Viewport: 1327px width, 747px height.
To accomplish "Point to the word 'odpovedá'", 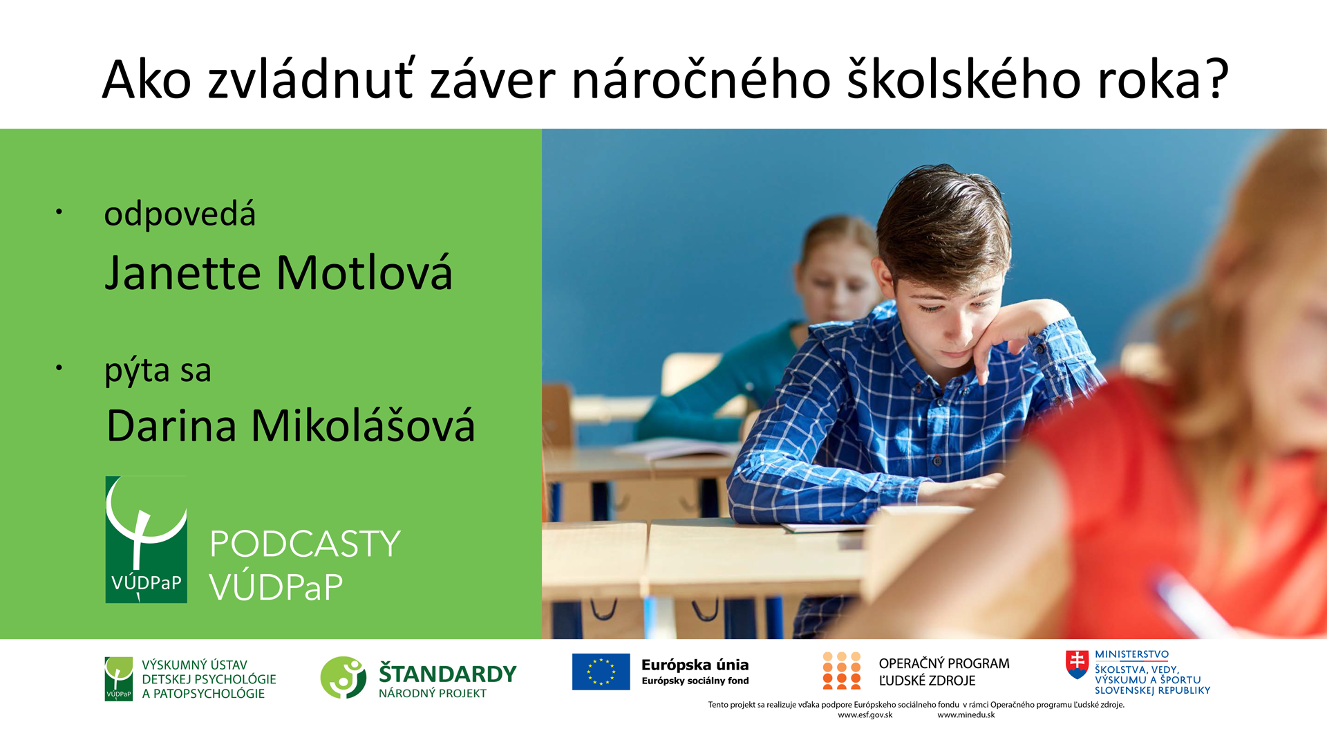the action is (180, 214).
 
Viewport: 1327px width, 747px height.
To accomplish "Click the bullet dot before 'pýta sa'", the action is (59, 367).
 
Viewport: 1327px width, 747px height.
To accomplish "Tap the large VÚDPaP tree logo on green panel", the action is (146, 539).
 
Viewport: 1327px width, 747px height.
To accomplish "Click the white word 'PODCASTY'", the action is (305, 544).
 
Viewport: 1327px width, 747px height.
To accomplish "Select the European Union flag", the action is (601, 672).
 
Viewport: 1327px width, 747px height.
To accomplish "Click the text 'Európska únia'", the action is (695, 665).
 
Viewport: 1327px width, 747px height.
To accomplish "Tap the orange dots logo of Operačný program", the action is (841, 670).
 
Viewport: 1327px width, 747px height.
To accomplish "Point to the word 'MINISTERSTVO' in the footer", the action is (1132, 654).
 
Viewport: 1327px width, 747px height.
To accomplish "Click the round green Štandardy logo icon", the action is (343, 677).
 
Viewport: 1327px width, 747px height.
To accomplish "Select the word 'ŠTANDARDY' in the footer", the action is (447, 673).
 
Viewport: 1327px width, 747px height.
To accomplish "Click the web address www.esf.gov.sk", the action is (865, 715).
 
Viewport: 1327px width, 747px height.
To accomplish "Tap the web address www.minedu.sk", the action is (966, 715).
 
